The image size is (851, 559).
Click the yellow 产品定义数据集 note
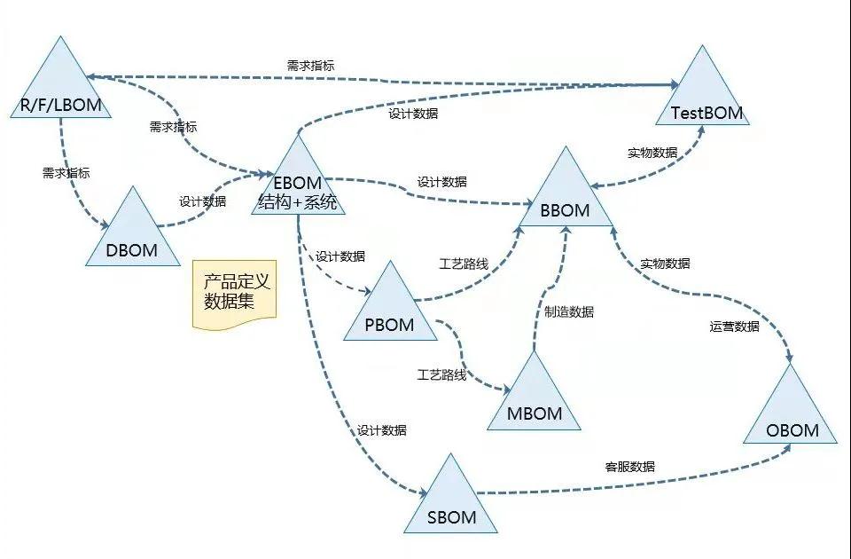coord(235,294)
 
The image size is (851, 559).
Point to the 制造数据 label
coord(569,311)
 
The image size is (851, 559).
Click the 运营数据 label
coord(734,327)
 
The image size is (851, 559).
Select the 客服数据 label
coord(629,467)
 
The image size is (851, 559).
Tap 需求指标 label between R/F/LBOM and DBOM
coord(66,173)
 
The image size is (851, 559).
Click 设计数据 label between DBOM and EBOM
coord(202,201)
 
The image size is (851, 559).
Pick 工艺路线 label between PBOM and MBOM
coord(441,374)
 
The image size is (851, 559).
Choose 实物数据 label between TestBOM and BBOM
coord(652,153)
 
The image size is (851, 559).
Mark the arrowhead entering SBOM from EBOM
coord(423,493)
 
